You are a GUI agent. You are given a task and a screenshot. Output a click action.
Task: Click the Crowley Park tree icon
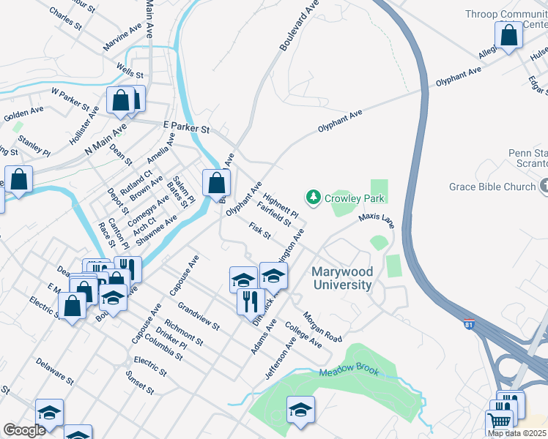[x=314, y=197]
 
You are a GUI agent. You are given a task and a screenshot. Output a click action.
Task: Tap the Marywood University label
[x=342, y=278]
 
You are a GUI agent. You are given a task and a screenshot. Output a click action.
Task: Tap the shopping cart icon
[x=499, y=421]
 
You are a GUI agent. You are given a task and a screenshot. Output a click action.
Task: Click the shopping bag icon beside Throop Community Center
[x=508, y=35]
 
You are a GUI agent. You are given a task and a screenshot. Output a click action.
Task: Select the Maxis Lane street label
[x=377, y=220]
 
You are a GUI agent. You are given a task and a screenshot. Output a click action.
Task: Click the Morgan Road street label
[x=323, y=330]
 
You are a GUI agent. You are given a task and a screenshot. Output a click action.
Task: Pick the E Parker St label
[x=187, y=128]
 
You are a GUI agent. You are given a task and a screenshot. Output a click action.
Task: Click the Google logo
[x=24, y=430]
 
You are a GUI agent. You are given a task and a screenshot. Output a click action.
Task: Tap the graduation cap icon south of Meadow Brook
[x=300, y=410]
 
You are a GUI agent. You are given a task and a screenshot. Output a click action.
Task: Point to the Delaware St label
[x=55, y=371]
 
